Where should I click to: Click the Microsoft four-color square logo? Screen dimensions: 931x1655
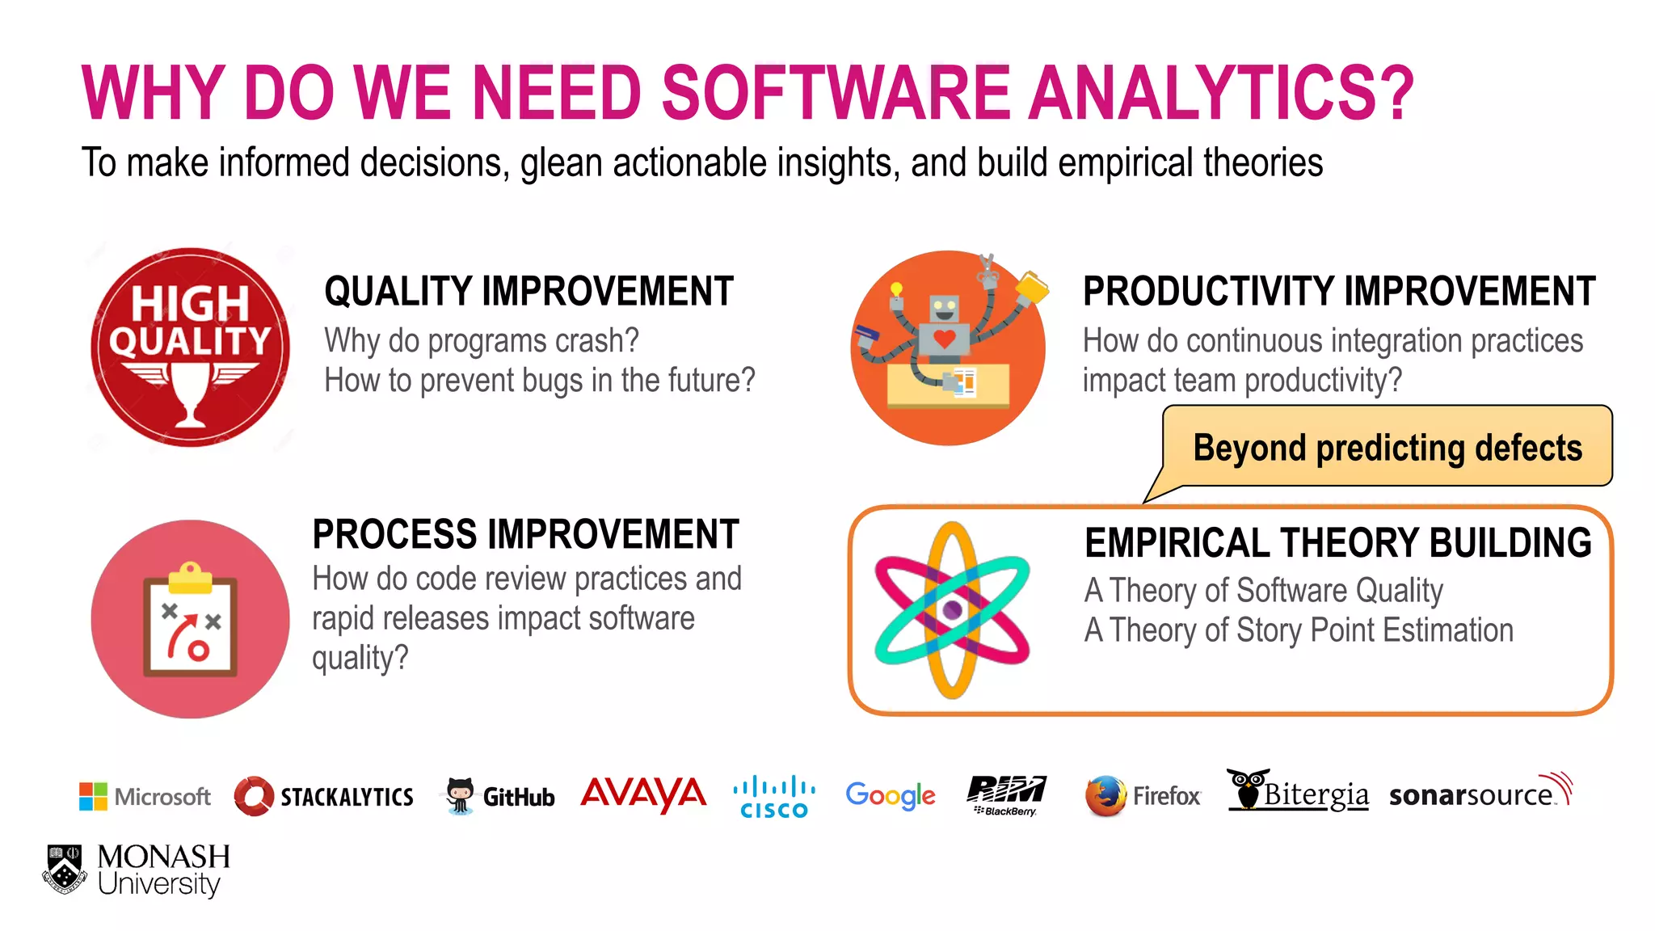[x=93, y=796]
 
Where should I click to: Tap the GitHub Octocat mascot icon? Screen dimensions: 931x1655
[x=460, y=795]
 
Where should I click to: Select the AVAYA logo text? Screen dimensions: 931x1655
[x=643, y=794]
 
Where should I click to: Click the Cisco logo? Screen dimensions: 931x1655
[x=773, y=796]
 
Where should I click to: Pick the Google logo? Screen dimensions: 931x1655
[x=890, y=795]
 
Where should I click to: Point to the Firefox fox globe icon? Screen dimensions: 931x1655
[x=1105, y=795]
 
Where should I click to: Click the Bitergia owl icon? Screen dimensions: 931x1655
[x=1248, y=788]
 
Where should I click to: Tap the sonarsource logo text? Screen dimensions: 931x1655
[x=1471, y=795]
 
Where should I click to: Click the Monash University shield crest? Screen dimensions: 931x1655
[x=65, y=869]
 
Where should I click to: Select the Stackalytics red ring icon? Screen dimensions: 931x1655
[x=254, y=796]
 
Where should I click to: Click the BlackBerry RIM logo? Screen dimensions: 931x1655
[x=1005, y=794]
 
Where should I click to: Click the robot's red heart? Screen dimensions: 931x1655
[x=944, y=338]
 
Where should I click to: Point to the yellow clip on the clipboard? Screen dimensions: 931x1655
[x=191, y=577]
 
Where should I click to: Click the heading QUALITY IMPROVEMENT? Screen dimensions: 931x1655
[x=529, y=292]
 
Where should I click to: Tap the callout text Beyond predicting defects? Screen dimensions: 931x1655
[x=1387, y=448]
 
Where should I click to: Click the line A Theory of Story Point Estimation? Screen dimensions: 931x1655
[x=1298, y=630]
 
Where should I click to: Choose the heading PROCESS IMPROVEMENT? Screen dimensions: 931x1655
[x=525, y=534]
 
